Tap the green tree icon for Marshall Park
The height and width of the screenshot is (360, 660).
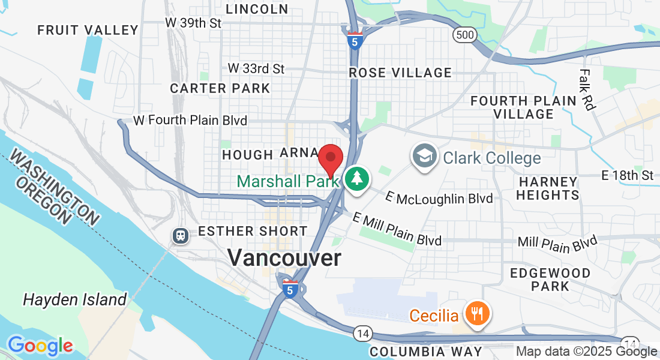357,178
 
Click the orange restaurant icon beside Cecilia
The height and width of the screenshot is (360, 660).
478,313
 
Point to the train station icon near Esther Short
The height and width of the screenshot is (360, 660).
180,235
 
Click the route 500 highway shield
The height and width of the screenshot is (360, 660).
465,35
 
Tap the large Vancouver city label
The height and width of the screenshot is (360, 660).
284,258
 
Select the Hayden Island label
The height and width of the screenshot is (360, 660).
74,299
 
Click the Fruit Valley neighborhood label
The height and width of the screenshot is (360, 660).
88,29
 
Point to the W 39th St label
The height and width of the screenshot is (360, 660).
194,23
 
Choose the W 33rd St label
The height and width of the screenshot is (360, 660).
256,68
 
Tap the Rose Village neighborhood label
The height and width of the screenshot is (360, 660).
400,73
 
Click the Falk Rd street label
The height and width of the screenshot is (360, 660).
587,89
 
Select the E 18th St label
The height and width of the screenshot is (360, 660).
627,175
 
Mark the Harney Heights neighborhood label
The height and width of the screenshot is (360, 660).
547,188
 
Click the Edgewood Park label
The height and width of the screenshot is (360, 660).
550,279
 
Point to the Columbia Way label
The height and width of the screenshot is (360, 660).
425,351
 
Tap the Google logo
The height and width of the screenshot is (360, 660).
40,346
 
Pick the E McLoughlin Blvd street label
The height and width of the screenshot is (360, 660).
439,197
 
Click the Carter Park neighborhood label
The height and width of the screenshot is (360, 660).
220,88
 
